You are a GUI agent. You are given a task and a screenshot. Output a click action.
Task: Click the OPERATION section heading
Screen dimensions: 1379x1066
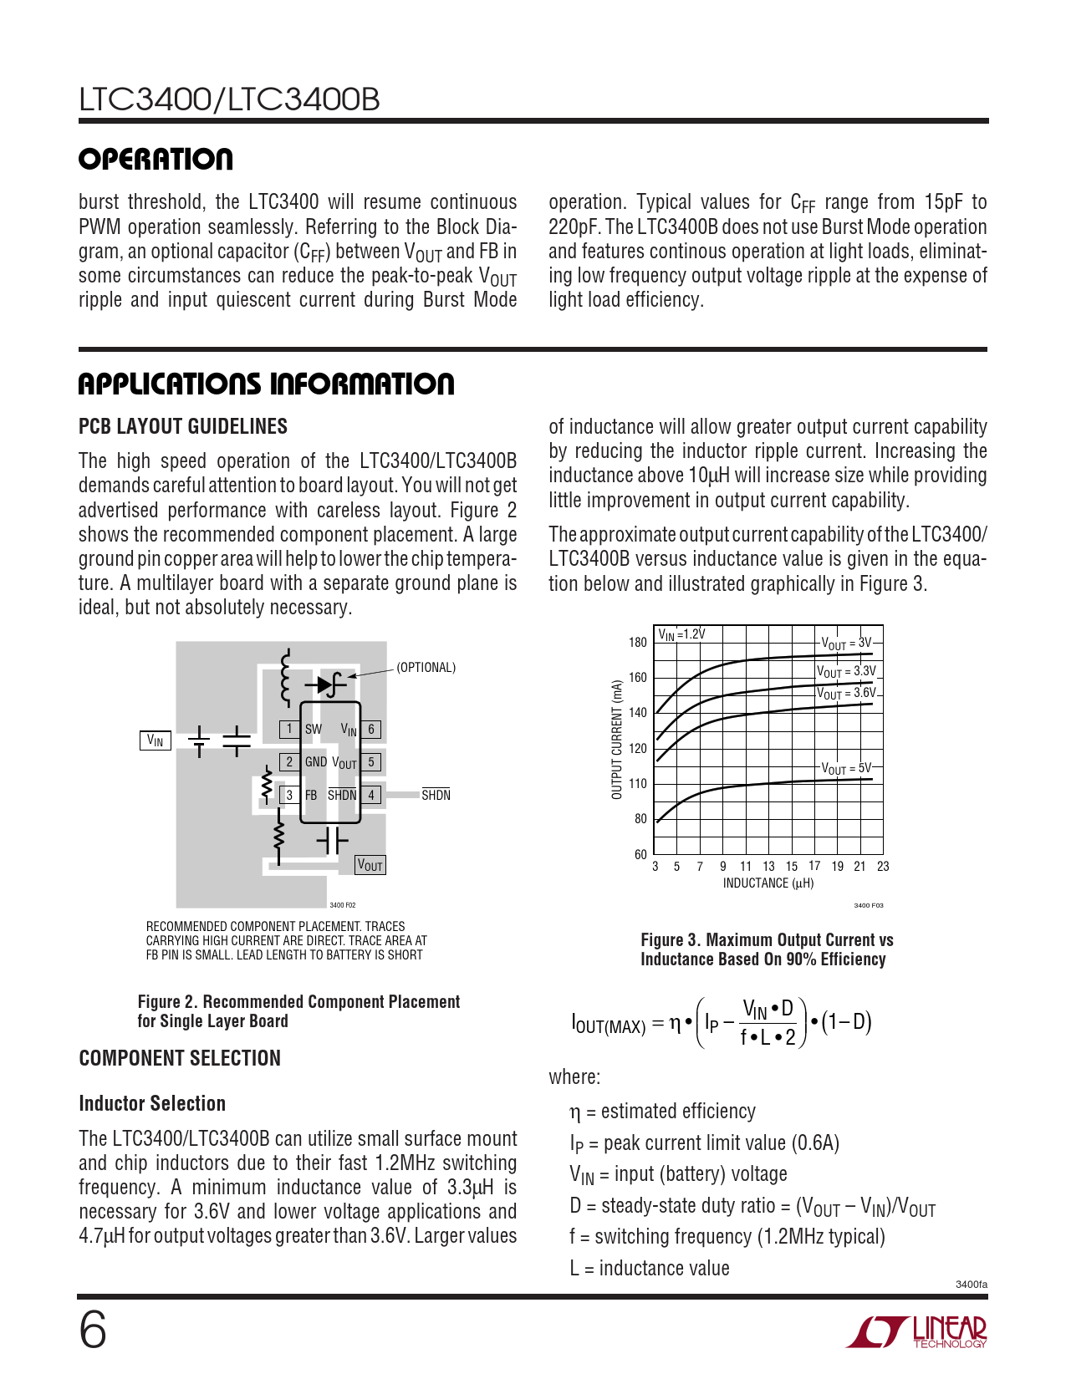156,160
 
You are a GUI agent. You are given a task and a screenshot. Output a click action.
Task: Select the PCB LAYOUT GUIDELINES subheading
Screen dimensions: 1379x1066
182,426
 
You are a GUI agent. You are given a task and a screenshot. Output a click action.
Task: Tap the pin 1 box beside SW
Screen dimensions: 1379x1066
289,729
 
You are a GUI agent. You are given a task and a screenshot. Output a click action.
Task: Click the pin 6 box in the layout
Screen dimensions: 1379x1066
371,729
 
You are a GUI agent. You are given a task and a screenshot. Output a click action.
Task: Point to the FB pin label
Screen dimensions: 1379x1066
311,795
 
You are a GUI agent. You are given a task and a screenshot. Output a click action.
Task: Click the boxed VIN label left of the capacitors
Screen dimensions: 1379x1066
156,740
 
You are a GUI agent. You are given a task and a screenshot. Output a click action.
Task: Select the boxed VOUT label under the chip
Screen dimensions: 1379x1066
370,865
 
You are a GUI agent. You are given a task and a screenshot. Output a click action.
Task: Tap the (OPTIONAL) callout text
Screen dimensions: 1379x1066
426,668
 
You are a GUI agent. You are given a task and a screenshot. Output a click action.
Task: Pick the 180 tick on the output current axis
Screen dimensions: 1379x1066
637,642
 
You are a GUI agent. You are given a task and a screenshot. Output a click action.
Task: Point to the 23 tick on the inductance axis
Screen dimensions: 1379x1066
883,867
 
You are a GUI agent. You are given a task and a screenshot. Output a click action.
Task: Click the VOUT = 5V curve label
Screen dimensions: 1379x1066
846,768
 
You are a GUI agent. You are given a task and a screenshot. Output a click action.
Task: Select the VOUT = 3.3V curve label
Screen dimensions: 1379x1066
846,671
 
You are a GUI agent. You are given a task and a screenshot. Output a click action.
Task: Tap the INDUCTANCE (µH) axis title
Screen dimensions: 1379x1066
768,883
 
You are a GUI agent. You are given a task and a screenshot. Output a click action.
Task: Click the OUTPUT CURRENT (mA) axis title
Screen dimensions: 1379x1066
617,739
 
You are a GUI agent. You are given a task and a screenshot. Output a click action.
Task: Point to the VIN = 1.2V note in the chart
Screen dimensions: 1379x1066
681,634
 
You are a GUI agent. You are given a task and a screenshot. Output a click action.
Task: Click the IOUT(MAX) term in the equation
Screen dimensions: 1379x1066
608,1024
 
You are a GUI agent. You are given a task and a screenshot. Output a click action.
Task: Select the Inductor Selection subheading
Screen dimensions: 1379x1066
152,1103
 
